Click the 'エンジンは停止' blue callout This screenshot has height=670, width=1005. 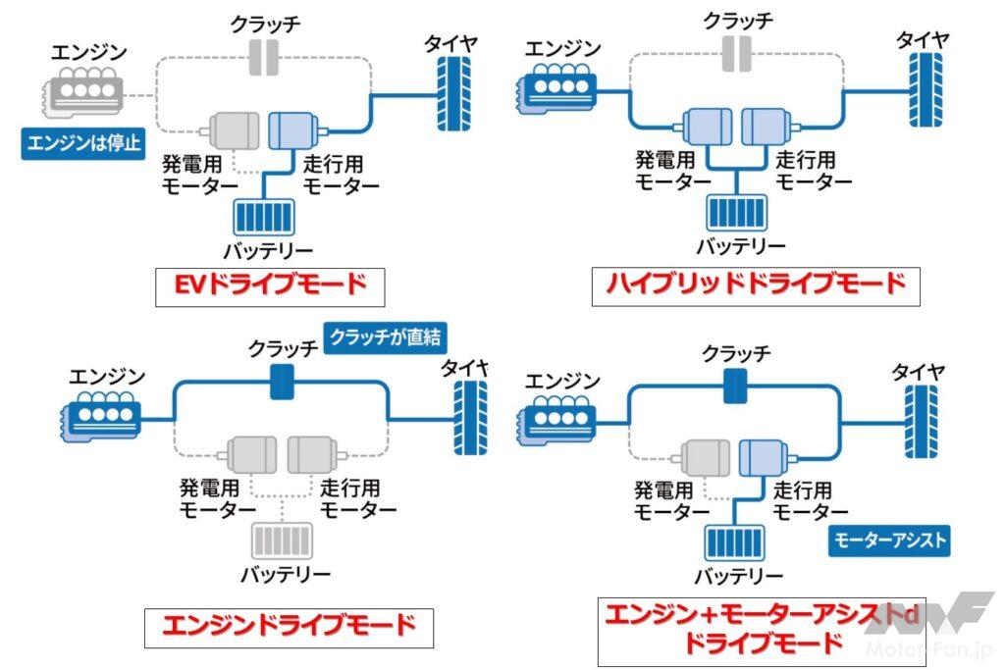pyautogui.click(x=83, y=143)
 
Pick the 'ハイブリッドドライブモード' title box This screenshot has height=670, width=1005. pyautogui.click(x=756, y=285)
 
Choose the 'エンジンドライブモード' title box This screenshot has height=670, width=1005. pyautogui.click(x=289, y=627)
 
